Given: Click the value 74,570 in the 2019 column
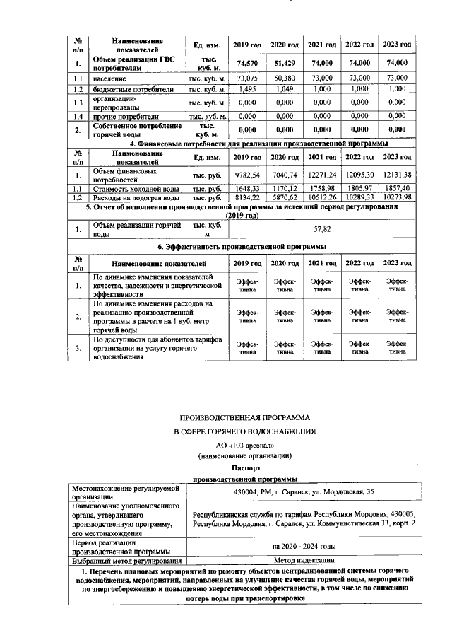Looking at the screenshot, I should pos(246,63).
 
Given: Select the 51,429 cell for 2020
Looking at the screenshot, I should pos(284,63).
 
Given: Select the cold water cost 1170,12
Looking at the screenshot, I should pos(284,189).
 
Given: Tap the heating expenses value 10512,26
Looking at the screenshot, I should pos(321,199).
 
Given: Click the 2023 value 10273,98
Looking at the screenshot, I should pos(396,199).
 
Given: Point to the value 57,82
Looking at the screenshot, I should pos(321,229).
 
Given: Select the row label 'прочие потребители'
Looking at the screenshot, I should pos(127,116).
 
